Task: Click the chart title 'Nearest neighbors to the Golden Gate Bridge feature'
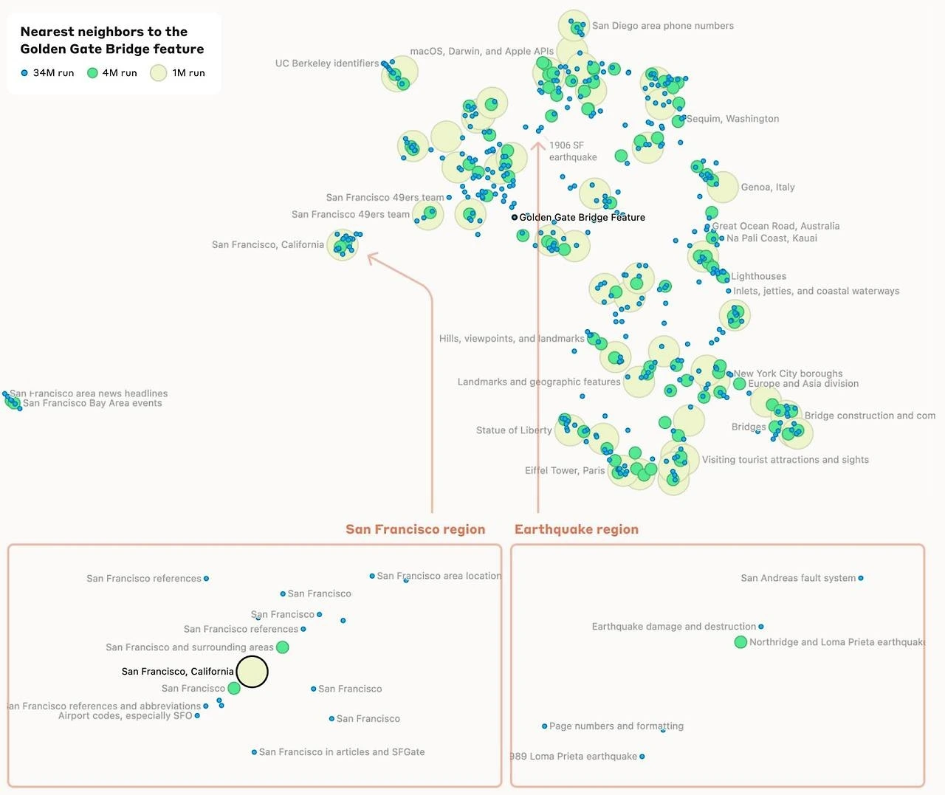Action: [x=112, y=40]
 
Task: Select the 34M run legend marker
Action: [x=24, y=73]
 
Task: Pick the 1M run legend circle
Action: [x=159, y=73]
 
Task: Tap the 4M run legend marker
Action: [x=92, y=73]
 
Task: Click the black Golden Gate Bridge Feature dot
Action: [x=515, y=217]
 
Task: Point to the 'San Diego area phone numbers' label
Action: [x=662, y=26]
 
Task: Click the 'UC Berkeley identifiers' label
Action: [x=326, y=63]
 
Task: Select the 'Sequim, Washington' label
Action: [x=732, y=119]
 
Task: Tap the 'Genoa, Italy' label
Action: [x=768, y=187]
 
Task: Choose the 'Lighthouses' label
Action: [x=758, y=276]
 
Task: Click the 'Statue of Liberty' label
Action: [x=514, y=430]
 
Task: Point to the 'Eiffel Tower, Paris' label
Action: [x=565, y=471]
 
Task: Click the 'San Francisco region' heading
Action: [x=416, y=529]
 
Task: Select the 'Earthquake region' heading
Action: [x=577, y=529]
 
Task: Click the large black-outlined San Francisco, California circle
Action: [x=252, y=672]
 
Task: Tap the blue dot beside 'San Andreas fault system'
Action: [x=861, y=578]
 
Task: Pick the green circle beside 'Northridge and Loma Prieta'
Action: [x=740, y=642]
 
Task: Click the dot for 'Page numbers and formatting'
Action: [x=545, y=726]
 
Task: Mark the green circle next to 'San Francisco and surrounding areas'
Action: [x=282, y=647]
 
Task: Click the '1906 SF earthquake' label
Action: [x=572, y=151]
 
